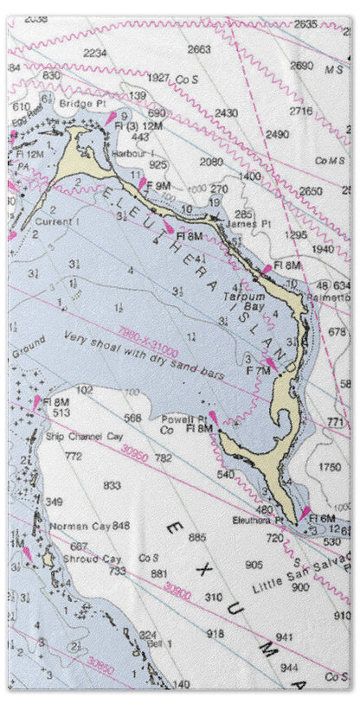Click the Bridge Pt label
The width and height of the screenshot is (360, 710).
(82, 102)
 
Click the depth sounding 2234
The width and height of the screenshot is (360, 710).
(95, 53)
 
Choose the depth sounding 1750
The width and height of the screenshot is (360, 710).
(329, 467)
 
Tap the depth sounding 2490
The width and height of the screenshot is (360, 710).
(277, 134)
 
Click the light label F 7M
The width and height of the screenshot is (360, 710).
(259, 370)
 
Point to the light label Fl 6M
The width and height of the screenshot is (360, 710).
(322, 518)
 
